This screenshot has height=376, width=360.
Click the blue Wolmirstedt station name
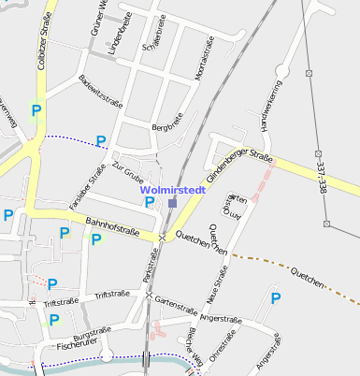[x=173, y=190]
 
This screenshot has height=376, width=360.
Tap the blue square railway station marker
[x=173, y=203]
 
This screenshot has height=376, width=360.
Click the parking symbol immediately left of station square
[x=149, y=202]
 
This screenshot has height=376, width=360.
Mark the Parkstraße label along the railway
[x=147, y=272]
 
